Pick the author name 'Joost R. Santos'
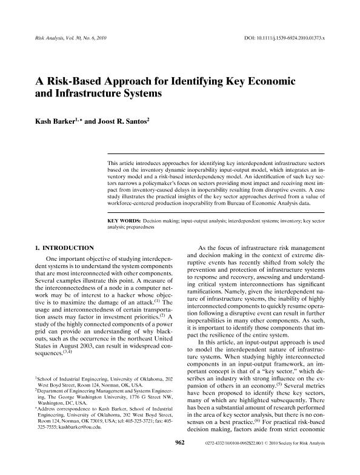[126, 121]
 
